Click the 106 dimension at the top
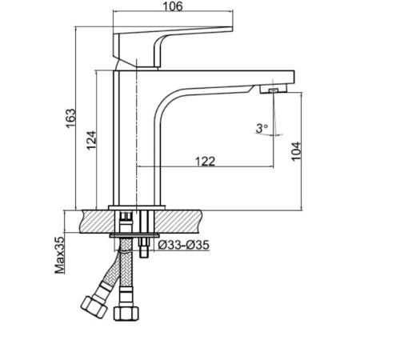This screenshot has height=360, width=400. [x=173, y=6]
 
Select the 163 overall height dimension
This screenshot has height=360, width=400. [x=71, y=118]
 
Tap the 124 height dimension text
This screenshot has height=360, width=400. [x=91, y=140]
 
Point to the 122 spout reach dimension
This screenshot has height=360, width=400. [x=205, y=162]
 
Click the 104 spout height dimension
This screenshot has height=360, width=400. [x=296, y=151]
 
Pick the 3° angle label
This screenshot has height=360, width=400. [x=262, y=128]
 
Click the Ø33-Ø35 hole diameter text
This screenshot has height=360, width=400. [x=184, y=245]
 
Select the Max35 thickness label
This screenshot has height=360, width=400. [x=60, y=255]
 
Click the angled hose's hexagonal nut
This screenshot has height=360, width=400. [x=94, y=306]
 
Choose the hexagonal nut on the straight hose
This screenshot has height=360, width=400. [x=126, y=314]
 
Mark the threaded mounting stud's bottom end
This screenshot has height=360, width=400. [x=144, y=257]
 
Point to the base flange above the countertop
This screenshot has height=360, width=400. [x=137, y=207]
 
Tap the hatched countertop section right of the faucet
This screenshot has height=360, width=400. [x=178, y=222]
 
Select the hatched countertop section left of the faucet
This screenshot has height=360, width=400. [x=98, y=222]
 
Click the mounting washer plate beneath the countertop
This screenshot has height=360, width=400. [x=134, y=235]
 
